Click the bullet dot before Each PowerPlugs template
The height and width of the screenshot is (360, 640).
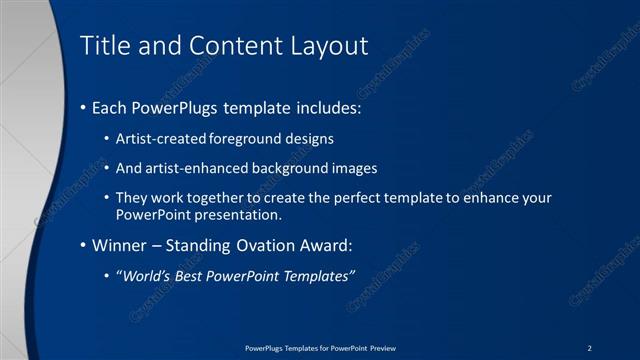[82, 107]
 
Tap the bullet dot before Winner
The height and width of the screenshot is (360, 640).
[82, 245]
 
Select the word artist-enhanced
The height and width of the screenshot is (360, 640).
[195, 168]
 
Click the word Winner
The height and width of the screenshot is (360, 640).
[122, 245]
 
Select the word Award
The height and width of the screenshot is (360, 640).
[328, 245]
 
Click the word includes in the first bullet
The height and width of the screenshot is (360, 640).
[319, 107]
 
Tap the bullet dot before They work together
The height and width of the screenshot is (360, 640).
[108, 198]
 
